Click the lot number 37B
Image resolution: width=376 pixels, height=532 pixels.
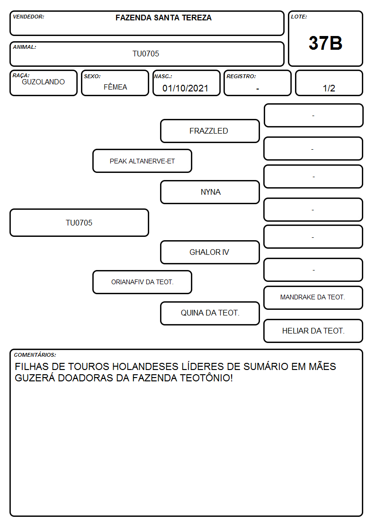pos(325,43)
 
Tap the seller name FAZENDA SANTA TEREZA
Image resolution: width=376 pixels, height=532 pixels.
pos(163,18)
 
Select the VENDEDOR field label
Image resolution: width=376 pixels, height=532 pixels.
pos(28,17)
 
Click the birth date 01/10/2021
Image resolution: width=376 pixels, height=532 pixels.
pos(185,88)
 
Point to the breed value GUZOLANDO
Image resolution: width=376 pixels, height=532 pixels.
pos(43,82)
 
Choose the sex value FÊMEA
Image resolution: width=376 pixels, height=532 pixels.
pos(115,87)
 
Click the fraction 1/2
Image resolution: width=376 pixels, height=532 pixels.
pos(329,88)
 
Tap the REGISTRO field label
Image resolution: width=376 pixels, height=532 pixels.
pos(241,76)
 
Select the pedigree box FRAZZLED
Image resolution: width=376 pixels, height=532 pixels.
pos(210,131)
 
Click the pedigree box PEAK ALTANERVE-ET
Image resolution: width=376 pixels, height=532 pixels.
pos(142,161)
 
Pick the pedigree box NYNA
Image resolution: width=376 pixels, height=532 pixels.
pos(210,192)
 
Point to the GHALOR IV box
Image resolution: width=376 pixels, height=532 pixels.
pos(210,252)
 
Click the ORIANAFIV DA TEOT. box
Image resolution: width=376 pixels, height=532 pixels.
pos(142,282)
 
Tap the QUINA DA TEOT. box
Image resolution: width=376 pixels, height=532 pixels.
pos(210,313)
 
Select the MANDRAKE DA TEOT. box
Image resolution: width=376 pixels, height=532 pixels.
pos(313,298)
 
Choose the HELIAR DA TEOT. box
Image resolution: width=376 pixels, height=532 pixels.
pos(313,331)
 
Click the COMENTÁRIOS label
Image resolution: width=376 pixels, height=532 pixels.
pos(35,355)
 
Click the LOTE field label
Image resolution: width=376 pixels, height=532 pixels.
pos(299,17)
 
